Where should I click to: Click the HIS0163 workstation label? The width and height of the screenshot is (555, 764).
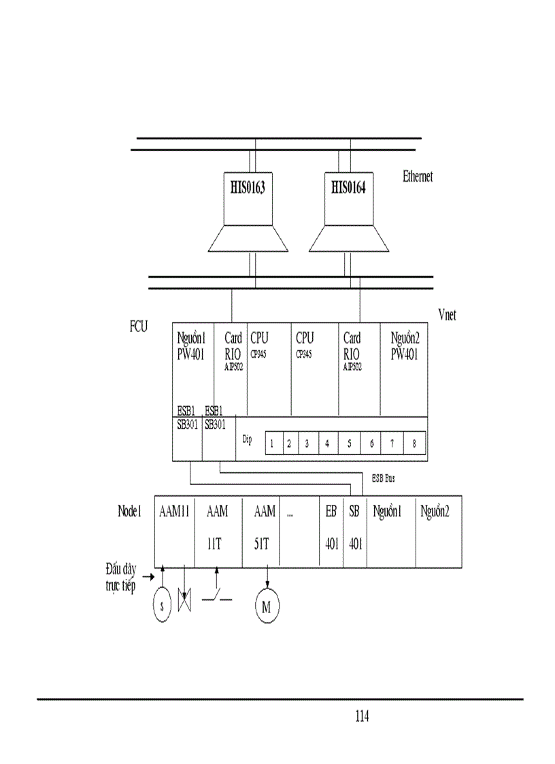click(245, 187)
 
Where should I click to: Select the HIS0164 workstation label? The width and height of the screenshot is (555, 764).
click(348, 187)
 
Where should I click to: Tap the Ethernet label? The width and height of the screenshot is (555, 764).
click(418, 176)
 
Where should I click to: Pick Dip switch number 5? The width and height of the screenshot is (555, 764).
click(349, 444)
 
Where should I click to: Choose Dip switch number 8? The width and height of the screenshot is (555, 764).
click(414, 444)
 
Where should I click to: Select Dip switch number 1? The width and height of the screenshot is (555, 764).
click(272, 444)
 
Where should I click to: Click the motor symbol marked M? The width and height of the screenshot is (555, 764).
click(267, 606)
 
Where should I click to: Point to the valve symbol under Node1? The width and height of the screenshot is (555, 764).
click(184, 600)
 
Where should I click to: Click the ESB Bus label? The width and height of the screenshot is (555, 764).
click(384, 479)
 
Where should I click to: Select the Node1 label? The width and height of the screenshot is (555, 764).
click(129, 512)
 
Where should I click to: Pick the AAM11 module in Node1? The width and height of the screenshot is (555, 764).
click(174, 531)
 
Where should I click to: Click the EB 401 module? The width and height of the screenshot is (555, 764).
click(331, 531)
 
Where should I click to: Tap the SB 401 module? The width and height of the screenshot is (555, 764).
click(354, 531)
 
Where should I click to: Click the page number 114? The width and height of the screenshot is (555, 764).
click(361, 716)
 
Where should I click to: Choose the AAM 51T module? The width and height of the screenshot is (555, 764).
click(265, 531)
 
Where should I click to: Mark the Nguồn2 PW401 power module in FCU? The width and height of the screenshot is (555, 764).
click(405, 367)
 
